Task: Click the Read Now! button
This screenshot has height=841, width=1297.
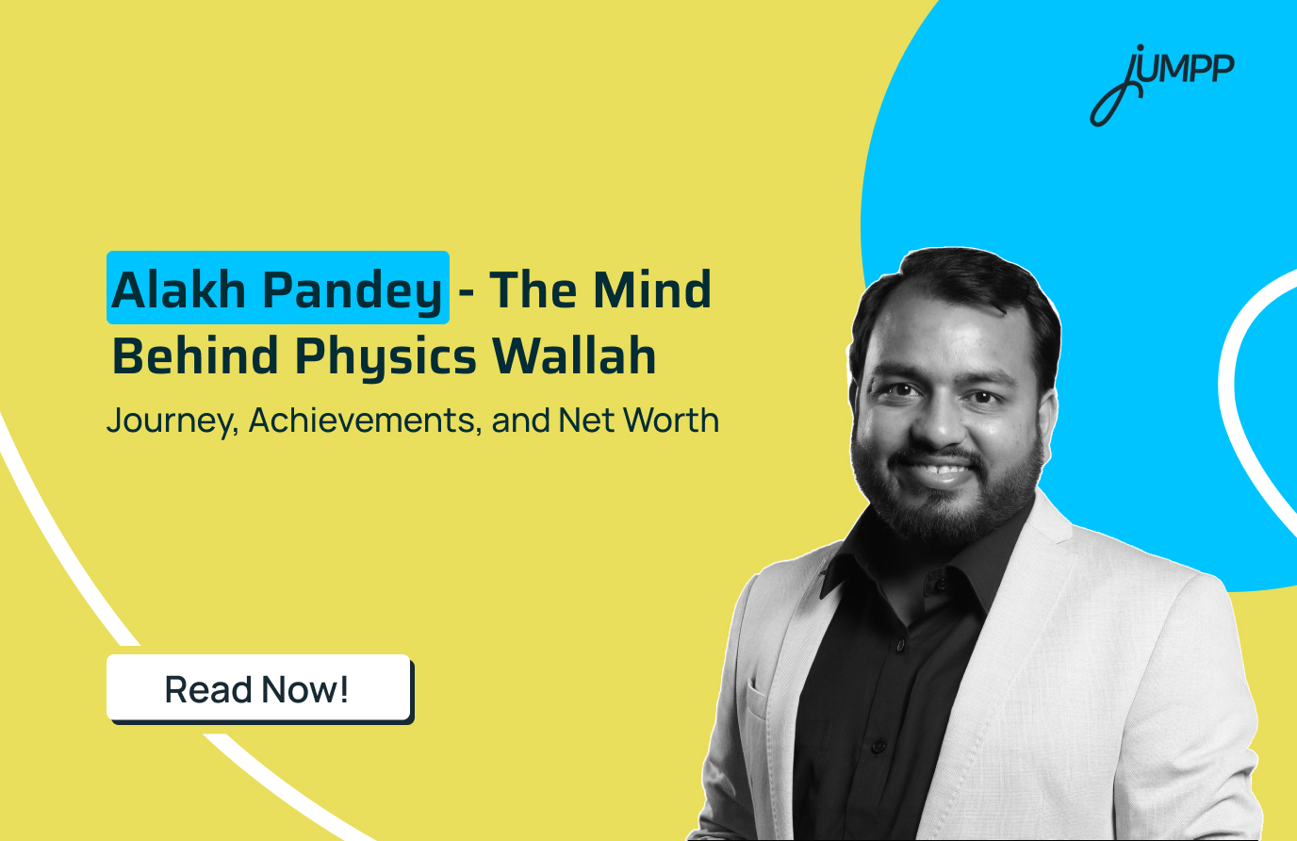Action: point(258,689)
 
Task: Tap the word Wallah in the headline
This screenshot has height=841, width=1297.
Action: point(574,356)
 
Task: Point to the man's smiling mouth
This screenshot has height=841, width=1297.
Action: point(938,468)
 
